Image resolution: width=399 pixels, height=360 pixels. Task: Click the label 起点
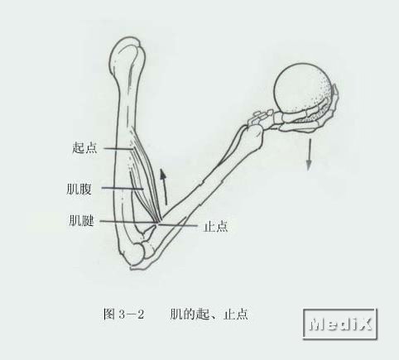pyautogui.click(x=84, y=147)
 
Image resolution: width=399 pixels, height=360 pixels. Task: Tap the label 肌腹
pyautogui.click(x=79, y=189)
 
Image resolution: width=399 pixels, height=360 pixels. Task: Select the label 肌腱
pyautogui.click(x=81, y=220)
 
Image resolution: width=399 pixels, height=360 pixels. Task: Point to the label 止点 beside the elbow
pyautogui.click(x=216, y=226)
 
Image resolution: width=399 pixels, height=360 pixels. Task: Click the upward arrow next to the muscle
pyautogui.click(x=164, y=187)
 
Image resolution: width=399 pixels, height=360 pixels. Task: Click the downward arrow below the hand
pyautogui.click(x=309, y=154)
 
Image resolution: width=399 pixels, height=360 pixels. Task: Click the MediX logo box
pyautogui.click(x=340, y=324)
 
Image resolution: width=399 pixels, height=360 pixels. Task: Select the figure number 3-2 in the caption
pyautogui.click(x=132, y=314)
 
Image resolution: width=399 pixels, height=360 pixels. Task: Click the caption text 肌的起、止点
pyautogui.click(x=209, y=314)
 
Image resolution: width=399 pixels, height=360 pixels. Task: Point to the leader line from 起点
pyautogui.click(x=118, y=149)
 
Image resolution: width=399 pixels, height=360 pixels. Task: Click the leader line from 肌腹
pyautogui.click(x=123, y=189)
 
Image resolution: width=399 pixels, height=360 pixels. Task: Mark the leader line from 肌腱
pyautogui.click(x=127, y=222)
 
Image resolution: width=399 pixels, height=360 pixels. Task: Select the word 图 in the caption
pyautogui.click(x=109, y=314)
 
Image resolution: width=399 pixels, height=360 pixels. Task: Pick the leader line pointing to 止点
pyautogui.click(x=178, y=225)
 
